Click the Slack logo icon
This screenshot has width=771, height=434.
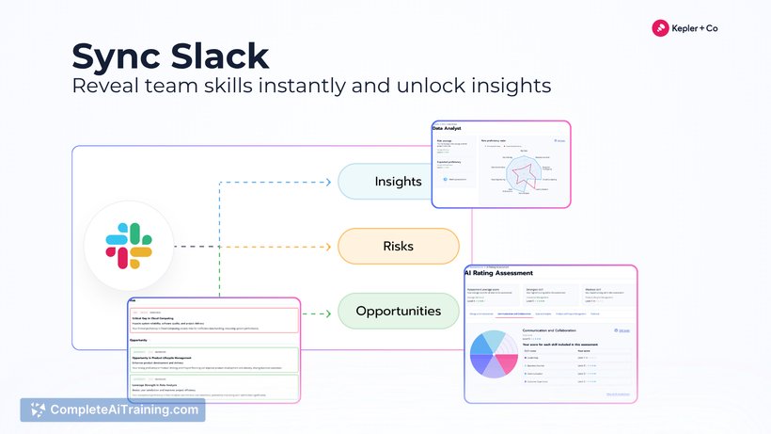[x=130, y=246]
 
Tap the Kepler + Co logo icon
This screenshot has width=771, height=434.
[x=660, y=28]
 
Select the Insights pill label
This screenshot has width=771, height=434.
[x=398, y=181]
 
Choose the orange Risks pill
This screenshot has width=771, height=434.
[x=398, y=246]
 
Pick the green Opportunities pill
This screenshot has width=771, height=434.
[x=398, y=311]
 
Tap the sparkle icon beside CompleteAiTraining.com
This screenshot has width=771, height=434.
[x=38, y=410]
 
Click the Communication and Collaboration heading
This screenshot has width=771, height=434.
[x=561, y=330]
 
